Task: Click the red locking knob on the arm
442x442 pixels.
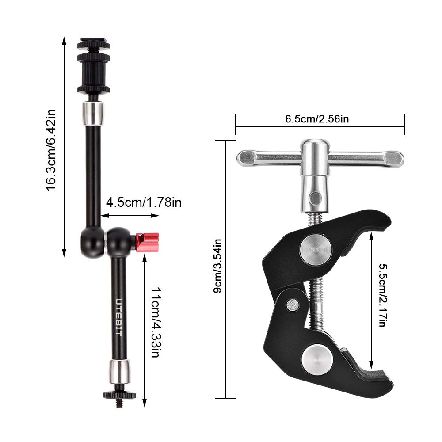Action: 147,242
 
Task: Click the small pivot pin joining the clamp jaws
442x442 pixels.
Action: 292,304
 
